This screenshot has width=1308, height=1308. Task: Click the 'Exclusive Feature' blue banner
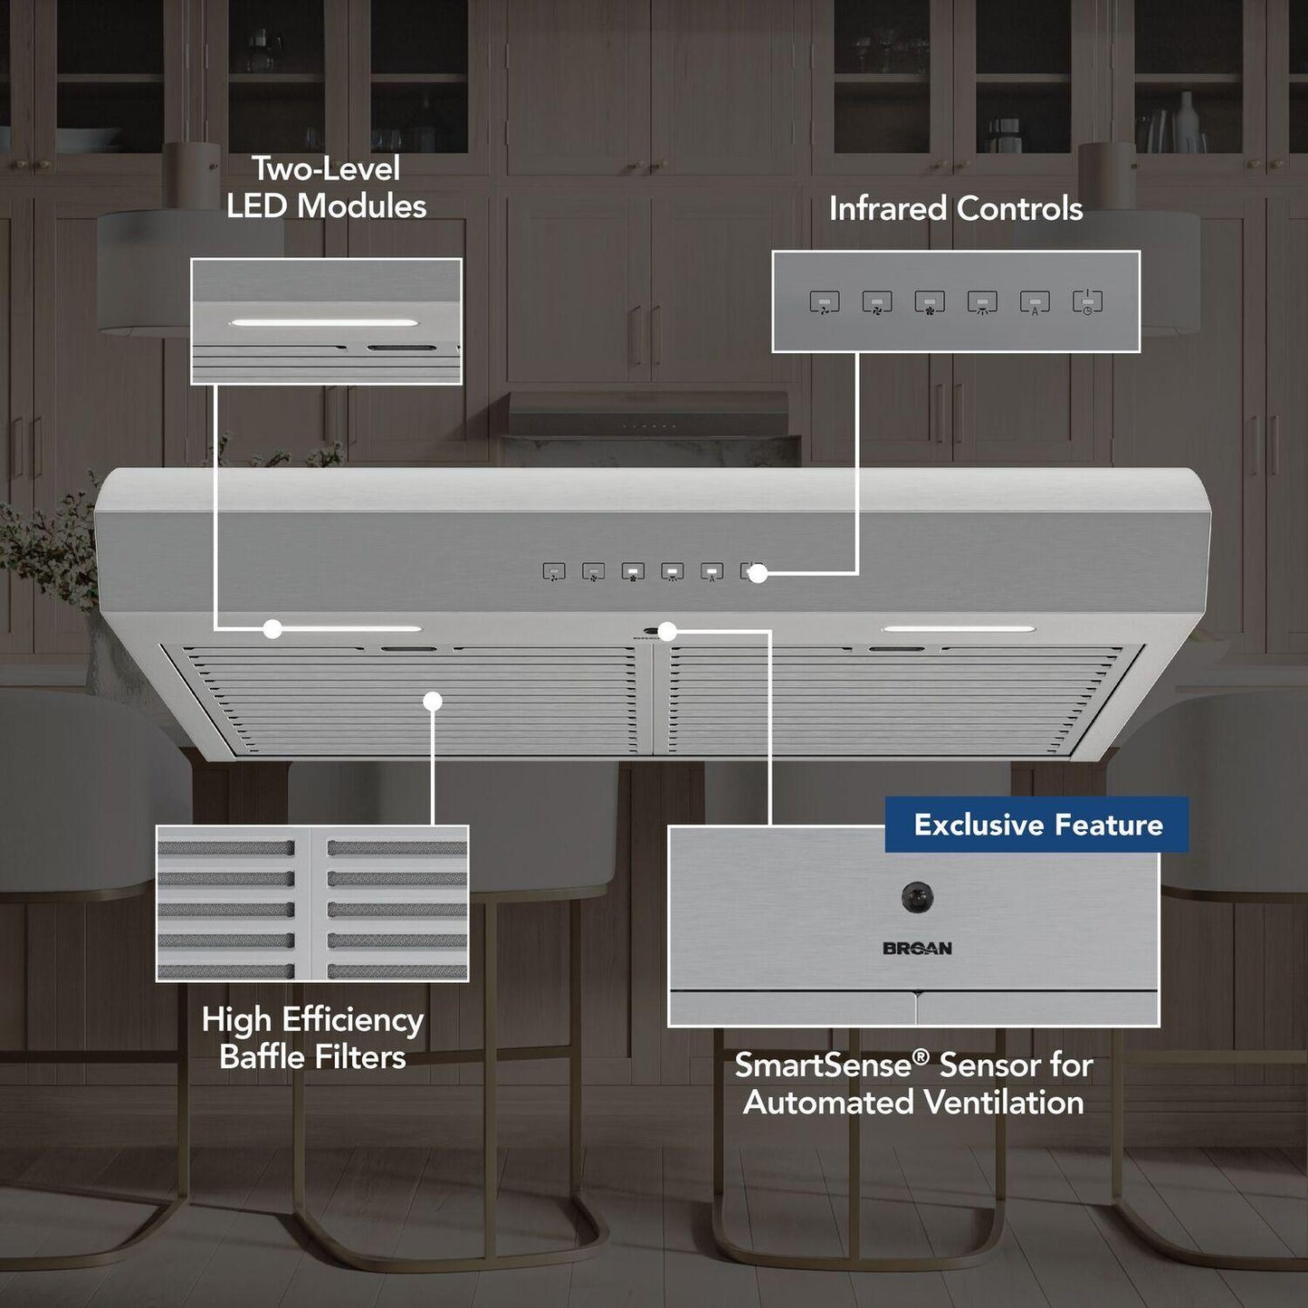coord(1036,825)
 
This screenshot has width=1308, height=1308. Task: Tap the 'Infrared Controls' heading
coord(956,209)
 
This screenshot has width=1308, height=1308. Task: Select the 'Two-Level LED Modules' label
coord(326,187)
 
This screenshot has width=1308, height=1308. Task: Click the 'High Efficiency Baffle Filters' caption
coord(312,1038)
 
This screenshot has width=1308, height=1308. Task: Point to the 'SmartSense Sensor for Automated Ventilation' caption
coord(913,1084)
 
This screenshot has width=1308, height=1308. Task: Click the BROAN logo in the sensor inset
coord(917,949)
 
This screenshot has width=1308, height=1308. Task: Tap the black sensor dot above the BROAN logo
coord(917,897)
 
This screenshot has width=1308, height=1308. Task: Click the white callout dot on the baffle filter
coord(433,701)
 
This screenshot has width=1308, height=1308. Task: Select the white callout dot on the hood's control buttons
coord(759,573)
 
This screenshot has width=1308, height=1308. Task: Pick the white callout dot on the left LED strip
coord(272,628)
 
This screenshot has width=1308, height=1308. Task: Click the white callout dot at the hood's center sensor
coord(667,631)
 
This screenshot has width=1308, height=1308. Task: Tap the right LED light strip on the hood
coord(959,628)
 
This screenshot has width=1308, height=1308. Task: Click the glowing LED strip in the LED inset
coord(324,322)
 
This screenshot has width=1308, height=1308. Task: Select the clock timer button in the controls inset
coord(1087,302)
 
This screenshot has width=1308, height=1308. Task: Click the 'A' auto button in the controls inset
coord(1035,302)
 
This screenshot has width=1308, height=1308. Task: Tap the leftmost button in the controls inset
coord(824,302)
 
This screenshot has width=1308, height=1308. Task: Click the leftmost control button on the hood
coord(554,571)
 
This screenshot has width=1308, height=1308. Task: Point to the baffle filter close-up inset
coord(312,902)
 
